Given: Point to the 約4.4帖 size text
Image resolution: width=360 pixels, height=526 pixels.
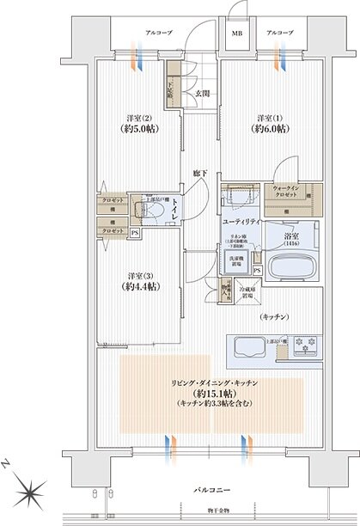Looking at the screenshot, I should point(142,286).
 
